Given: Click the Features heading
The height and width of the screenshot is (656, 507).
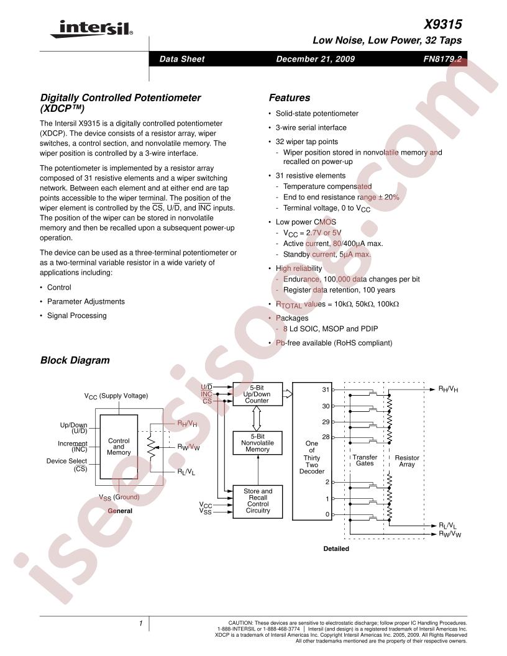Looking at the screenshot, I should (x=289, y=98).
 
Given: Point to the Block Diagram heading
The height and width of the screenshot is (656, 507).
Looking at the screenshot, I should (x=75, y=360).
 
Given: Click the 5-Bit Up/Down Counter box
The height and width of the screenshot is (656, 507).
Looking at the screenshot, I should (x=257, y=394).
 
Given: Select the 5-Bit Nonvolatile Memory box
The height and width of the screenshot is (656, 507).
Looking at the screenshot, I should (x=257, y=442).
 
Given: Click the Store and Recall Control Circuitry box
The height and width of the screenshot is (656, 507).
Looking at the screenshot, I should (x=257, y=501).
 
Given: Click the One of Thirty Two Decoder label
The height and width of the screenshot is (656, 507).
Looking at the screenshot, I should (x=312, y=458).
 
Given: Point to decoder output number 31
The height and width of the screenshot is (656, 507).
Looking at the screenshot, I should (x=325, y=389).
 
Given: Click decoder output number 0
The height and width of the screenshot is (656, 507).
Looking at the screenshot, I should (x=327, y=514).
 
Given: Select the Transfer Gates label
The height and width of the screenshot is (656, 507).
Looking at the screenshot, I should (x=365, y=461).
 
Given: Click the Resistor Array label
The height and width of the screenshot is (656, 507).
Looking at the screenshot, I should (x=408, y=461).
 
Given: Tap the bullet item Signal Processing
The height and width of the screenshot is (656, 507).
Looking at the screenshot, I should (x=76, y=316).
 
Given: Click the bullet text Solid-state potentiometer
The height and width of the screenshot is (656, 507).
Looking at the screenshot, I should (x=317, y=114).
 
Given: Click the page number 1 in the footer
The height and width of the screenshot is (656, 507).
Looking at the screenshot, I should (x=141, y=622).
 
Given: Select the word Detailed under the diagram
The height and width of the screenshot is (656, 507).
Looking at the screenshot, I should (x=336, y=549).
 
